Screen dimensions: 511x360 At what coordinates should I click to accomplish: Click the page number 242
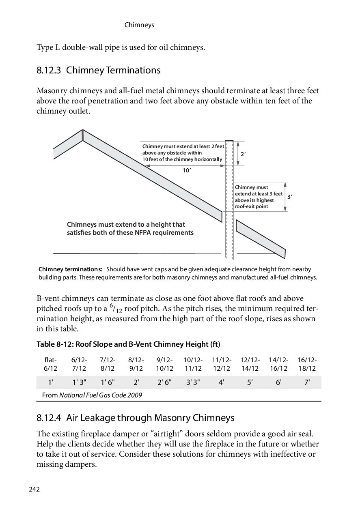point(34,490)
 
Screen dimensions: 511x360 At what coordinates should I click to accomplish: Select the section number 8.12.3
point(49,71)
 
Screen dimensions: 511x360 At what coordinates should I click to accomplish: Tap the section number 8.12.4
point(49,418)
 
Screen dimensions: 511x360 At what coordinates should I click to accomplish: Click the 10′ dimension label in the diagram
point(187,171)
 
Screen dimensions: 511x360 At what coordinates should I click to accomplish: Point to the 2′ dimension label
point(244,155)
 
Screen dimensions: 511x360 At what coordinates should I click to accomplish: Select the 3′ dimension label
point(290,197)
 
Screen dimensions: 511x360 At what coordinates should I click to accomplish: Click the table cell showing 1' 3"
point(79,382)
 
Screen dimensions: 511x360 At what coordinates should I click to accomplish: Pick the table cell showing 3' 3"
point(193,382)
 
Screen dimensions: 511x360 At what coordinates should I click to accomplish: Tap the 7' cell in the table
point(307,382)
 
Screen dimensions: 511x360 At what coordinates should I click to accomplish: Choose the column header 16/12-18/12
point(307,364)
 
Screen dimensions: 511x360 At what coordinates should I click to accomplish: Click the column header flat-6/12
point(51,364)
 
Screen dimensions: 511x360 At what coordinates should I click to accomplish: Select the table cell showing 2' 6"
point(164,382)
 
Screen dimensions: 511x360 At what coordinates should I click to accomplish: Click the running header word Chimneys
point(139,25)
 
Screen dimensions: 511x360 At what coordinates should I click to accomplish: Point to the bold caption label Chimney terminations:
point(70,269)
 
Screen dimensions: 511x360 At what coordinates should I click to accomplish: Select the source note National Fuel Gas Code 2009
point(101,395)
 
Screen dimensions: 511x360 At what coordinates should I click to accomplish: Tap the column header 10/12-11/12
point(193,364)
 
